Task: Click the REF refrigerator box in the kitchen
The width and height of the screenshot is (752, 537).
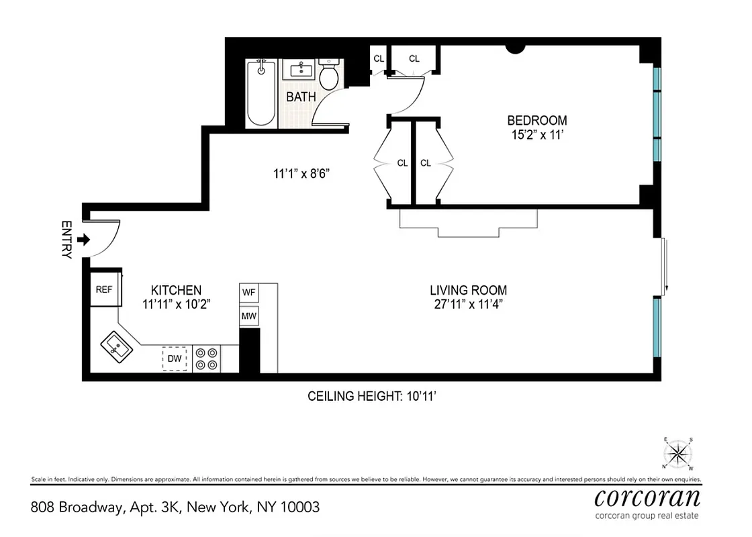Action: coord(103,289)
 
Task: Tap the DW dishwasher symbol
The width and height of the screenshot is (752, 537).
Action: coord(175,358)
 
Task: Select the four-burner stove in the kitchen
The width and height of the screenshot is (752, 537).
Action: coord(206,358)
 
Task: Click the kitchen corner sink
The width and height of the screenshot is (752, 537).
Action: coord(117,348)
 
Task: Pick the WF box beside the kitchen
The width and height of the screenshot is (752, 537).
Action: coord(249,293)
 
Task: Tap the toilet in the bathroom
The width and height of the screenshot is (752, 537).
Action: coord(329,75)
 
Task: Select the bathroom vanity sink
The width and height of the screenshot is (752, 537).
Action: coord(299,69)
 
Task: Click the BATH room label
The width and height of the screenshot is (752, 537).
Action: coord(301,97)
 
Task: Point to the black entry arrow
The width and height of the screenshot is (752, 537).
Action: coord(84,239)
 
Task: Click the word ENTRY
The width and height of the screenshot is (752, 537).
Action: coord(66,240)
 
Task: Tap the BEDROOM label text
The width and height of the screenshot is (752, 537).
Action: coord(536,121)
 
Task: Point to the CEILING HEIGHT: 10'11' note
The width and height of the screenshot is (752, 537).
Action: coord(373,396)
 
